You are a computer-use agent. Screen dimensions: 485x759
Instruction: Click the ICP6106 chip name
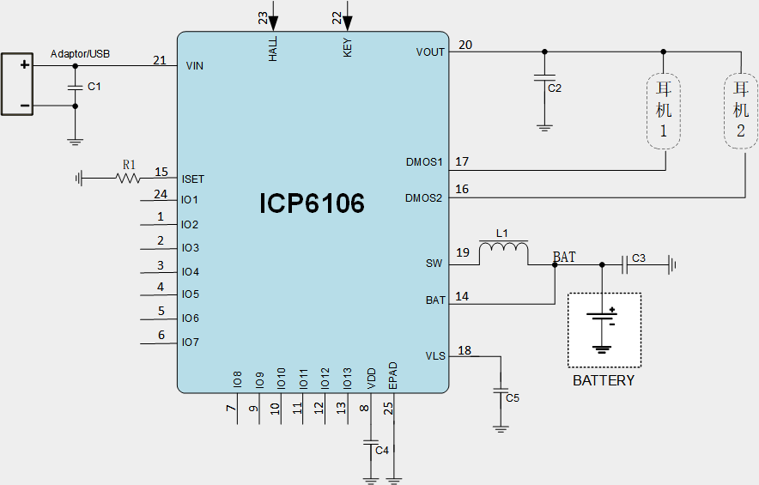click(x=312, y=203)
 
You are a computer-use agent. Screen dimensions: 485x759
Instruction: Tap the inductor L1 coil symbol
click(x=503, y=250)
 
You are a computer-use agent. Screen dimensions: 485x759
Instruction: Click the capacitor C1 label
click(x=94, y=87)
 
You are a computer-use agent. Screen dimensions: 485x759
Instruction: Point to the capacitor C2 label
click(x=554, y=88)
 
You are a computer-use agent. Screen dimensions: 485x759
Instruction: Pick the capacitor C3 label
click(x=638, y=258)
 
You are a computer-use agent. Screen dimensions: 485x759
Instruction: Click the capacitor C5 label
click(x=513, y=398)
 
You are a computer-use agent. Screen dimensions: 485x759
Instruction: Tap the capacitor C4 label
click(x=382, y=451)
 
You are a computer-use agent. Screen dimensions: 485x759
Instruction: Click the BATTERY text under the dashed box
click(x=604, y=380)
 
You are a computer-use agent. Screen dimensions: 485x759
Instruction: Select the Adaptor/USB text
click(x=80, y=54)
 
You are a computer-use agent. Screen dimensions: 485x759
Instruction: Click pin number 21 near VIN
click(x=160, y=60)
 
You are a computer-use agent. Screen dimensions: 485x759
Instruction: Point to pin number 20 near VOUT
click(x=465, y=45)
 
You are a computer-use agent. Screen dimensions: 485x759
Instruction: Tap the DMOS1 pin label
click(x=423, y=161)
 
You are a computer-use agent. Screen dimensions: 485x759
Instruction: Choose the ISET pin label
click(x=193, y=179)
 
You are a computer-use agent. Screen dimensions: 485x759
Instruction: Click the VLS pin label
click(x=435, y=355)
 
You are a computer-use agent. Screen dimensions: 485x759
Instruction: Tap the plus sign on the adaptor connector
click(x=25, y=65)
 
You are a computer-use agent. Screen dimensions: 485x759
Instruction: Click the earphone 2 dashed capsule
click(x=740, y=112)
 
